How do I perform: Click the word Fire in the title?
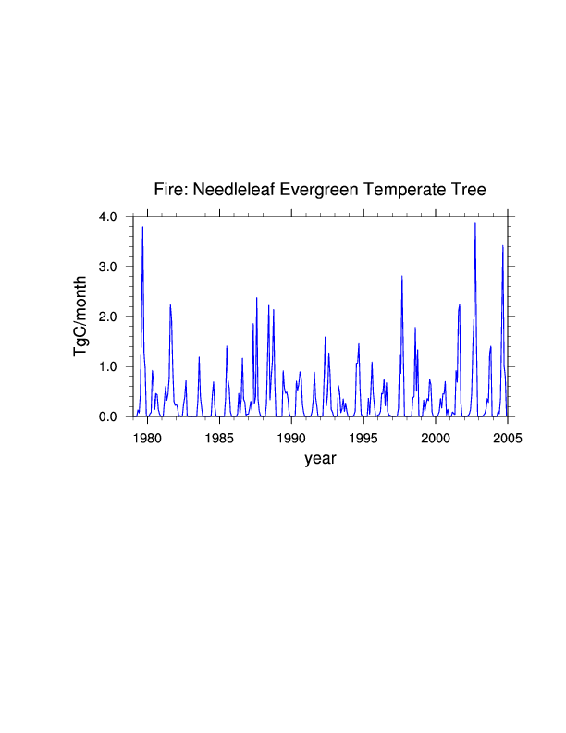(x=169, y=190)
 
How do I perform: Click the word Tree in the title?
(x=469, y=190)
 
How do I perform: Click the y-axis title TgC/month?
(x=81, y=317)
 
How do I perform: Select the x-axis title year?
(x=320, y=459)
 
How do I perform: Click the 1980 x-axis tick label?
(x=147, y=438)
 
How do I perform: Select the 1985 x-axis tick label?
(x=219, y=438)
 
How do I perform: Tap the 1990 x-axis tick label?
(x=291, y=438)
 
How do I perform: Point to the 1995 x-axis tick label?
(x=363, y=438)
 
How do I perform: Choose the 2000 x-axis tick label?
(x=436, y=438)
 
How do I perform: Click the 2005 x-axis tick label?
(x=507, y=438)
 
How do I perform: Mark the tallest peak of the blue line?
(x=475, y=223)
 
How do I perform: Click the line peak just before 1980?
(x=142, y=227)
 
